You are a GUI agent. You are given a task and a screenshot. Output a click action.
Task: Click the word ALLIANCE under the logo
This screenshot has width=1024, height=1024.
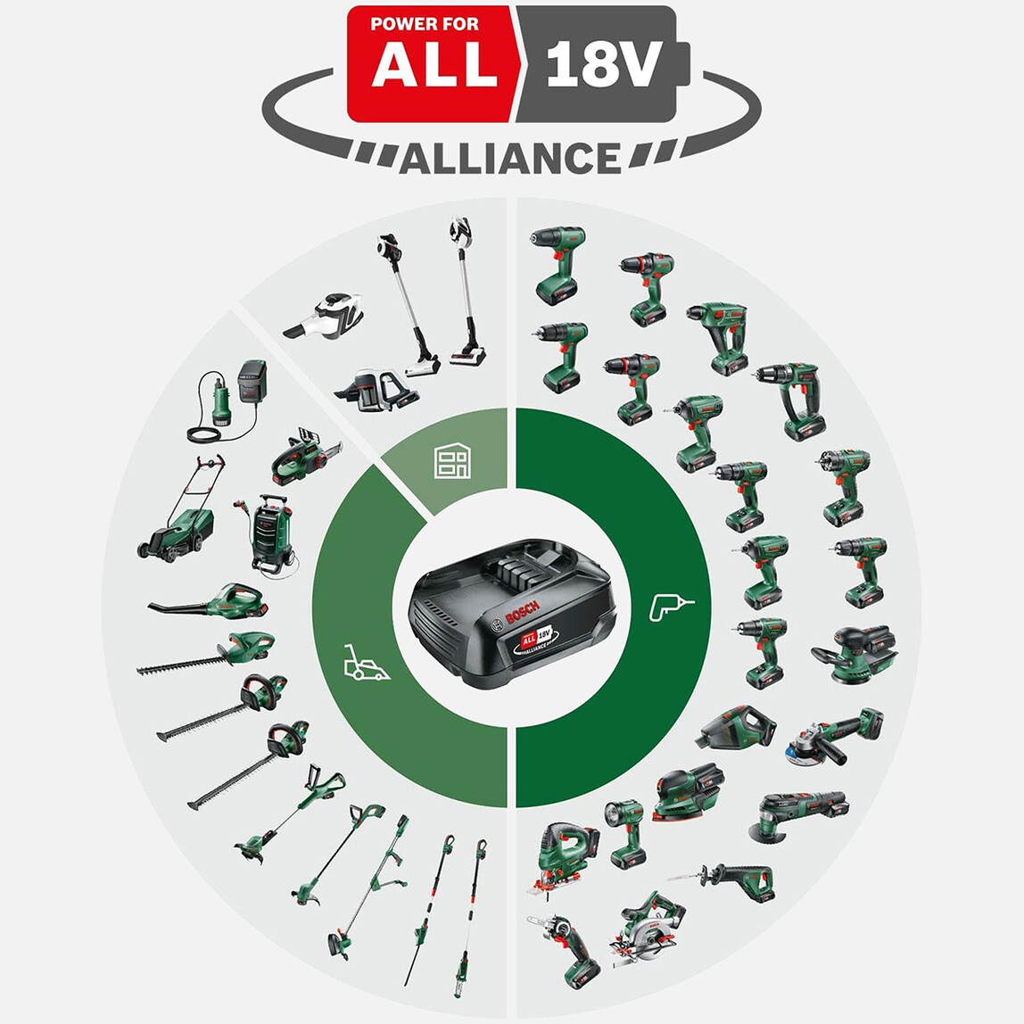tap(509, 158)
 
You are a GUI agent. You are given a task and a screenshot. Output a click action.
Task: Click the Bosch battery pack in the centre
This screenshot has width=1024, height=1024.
tap(512, 613)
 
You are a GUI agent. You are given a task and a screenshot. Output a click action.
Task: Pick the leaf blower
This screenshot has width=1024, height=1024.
tap(209, 601)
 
